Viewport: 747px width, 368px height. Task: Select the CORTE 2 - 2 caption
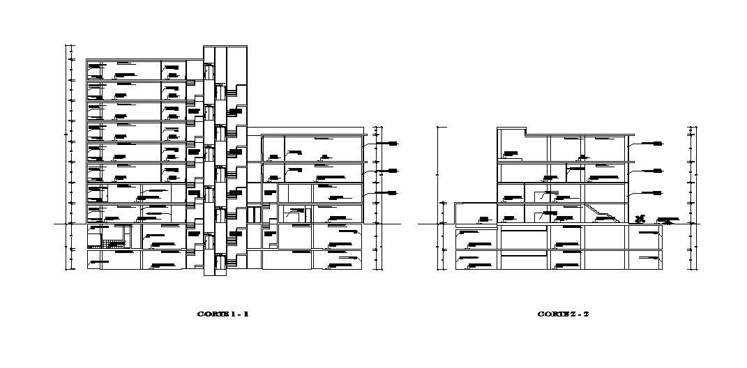563,314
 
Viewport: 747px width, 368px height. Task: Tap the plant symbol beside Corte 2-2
640,219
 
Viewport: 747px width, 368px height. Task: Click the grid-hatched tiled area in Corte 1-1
111,243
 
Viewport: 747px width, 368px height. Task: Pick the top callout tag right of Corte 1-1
392,143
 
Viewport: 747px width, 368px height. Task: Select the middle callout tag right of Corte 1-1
392,170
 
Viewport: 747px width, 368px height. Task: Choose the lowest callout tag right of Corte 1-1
392,192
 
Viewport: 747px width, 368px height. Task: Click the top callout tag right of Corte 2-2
657,143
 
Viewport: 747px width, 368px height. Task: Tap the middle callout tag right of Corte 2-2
657,169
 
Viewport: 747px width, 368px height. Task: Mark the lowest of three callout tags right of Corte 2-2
657,192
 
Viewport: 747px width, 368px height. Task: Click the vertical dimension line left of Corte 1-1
68,157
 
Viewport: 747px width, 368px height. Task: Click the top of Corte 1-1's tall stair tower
225,47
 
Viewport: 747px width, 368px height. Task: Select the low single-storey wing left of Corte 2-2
476,213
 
